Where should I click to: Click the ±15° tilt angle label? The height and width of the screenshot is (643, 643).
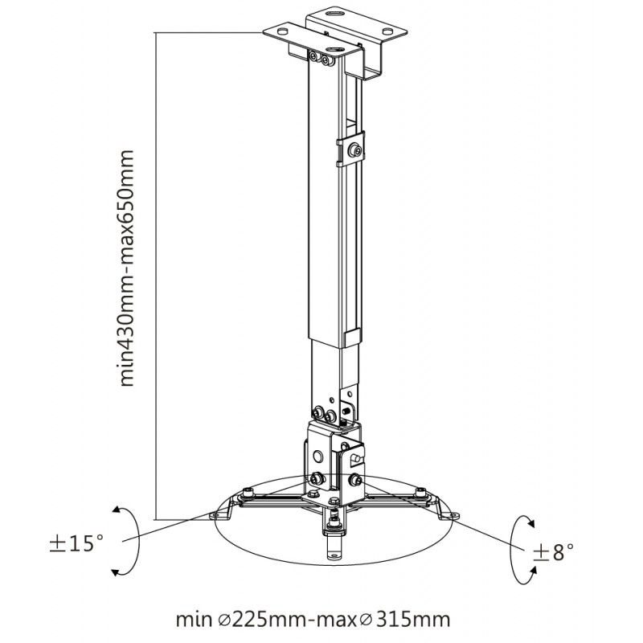(76, 543)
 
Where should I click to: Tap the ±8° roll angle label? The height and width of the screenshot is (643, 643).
(553, 551)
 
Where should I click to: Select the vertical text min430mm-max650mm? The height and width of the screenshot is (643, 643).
(127, 268)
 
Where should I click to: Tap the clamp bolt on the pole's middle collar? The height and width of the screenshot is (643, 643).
(355, 151)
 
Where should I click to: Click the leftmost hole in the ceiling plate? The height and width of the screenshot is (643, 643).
(282, 31)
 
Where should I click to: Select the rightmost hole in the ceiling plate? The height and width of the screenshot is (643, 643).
(387, 31)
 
